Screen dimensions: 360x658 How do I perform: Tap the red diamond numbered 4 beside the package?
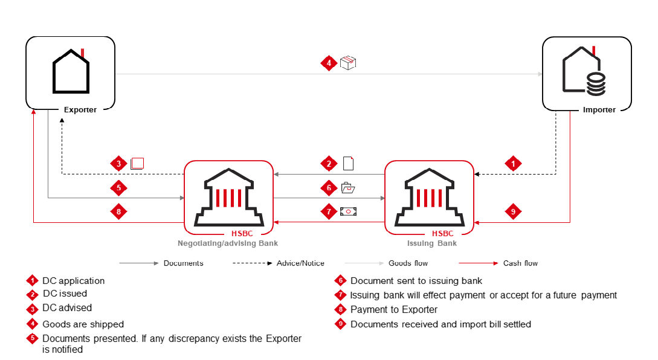click(x=329, y=63)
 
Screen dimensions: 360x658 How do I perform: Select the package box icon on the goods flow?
click(x=348, y=62)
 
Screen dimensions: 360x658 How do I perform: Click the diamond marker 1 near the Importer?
click(x=513, y=163)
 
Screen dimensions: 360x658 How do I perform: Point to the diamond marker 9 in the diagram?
click(x=513, y=211)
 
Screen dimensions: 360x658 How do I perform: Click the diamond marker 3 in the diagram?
click(x=119, y=164)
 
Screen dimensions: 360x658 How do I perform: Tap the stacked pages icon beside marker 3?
click(x=137, y=163)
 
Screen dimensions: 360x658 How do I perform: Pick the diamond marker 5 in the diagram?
click(x=119, y=188)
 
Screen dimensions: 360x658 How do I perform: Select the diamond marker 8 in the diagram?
click(x=119, y=212)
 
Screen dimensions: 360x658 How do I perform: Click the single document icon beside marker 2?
click(x=348, y=163)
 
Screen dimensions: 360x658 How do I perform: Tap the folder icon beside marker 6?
click(x=348, y=188)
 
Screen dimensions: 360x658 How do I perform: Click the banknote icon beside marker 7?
click(x=348, y=211)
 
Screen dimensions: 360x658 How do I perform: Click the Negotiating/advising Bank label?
click(x=228, y=243)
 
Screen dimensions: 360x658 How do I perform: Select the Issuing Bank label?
click(x=431, y=243)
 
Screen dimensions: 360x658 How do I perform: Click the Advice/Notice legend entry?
click(x=300, y=263)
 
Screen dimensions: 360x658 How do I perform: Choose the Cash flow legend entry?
click(x=520, y=263)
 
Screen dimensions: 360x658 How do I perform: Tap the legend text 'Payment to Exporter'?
click(x=394, y=310)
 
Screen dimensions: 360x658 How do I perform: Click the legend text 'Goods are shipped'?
click(x=83, y=324)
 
